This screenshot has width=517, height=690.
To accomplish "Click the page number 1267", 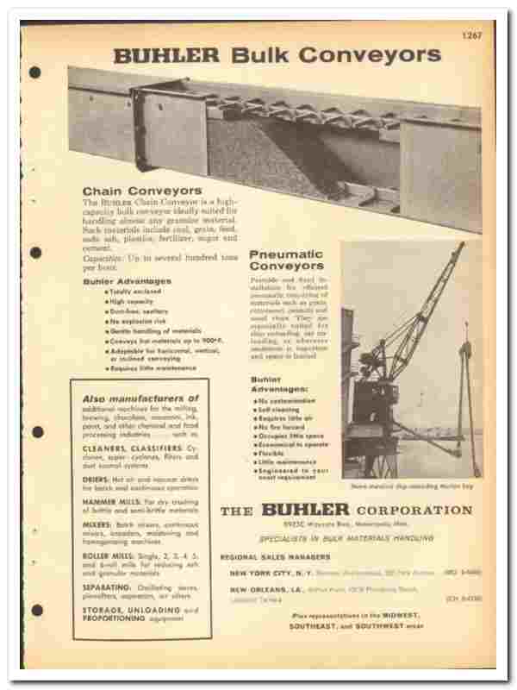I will (472, 35).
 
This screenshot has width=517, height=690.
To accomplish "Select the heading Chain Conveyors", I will (142, 190).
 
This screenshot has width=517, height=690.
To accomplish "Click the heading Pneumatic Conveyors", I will (286, 260).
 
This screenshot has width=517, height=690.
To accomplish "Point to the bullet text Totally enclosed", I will (132, 292).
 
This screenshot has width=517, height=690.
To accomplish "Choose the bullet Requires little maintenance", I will (152, 368).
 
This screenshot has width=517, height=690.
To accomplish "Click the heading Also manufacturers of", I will (140, 398).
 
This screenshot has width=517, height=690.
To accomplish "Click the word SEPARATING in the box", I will (109, 586).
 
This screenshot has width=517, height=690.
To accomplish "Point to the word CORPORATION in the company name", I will (414, 511).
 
